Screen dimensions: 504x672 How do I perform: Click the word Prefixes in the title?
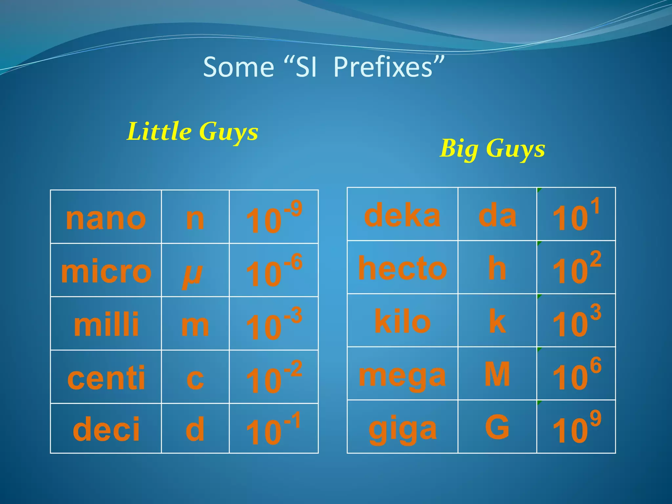tap(388, 67)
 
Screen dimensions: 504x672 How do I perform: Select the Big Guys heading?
tap(492, 149)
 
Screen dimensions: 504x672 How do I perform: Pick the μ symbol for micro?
tap(193, 274)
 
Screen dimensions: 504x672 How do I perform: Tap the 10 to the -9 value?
tap(274, 218)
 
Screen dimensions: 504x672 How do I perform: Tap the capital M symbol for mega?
tap(497, 374)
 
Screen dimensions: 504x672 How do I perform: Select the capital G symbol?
tap(497, 427)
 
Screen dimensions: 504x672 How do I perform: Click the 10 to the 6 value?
tap(577, 374)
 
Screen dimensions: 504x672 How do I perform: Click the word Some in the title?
tap(239, 67)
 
